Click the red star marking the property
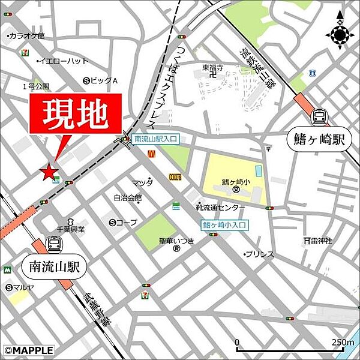point(49,172)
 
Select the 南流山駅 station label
point(54,265)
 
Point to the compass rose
point(339,35)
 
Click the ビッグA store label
point(104,80)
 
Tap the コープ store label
point(127,223)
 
